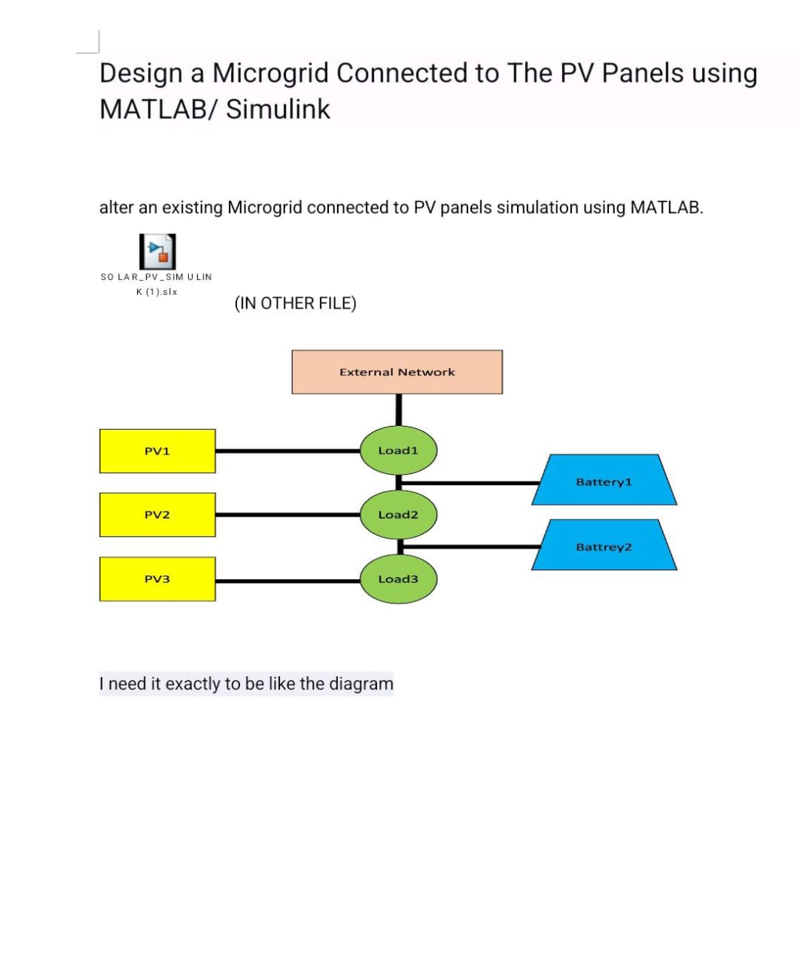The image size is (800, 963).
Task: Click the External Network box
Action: coord(397,372)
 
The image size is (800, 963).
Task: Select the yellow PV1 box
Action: coord(157,451)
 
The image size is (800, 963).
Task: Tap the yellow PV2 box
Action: coord(157,515)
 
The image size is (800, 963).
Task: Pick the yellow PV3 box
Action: coord(157,579)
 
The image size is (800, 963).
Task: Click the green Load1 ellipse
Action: coord(398,450)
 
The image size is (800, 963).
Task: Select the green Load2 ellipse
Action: coord(398,515)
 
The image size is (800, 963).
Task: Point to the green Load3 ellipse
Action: coord(398,579)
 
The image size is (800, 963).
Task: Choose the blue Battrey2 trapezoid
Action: coord(604,545)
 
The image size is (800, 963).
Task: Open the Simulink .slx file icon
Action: coord(157,251)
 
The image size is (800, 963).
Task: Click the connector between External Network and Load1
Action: coord(399,410)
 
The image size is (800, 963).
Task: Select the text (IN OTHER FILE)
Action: coord(295,303)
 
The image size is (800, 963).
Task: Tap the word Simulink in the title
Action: coord(278,109)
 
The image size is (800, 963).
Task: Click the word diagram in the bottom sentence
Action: coord(361,684)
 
